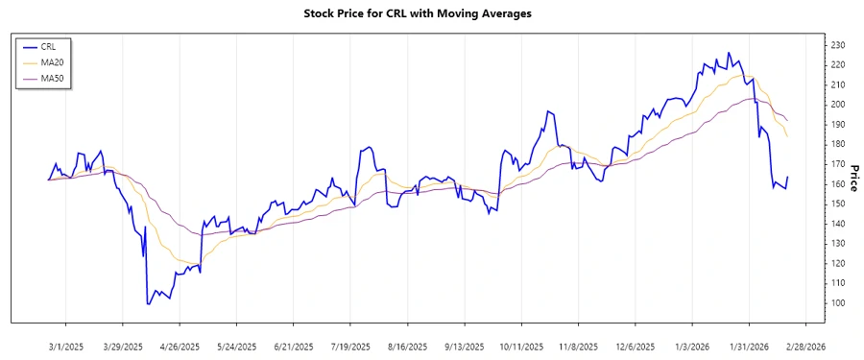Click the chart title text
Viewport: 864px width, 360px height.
point(431,13)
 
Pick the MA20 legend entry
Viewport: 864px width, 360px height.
point(49,61)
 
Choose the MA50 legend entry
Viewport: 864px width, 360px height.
point(49,78)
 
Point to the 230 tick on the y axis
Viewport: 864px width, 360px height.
point(837,45)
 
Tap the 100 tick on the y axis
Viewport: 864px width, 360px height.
point(837,303)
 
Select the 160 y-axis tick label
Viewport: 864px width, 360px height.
point(837,184)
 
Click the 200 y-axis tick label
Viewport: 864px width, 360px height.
point(837,105)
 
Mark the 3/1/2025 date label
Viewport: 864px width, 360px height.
point(65,347)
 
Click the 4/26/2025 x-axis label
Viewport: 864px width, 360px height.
point(179,347)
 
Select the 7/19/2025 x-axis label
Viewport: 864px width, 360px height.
point(349,347)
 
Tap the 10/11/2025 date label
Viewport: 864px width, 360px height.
point(520,347)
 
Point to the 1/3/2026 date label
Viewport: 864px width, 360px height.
point(691,347)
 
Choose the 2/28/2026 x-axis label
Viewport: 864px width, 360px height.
point(804,347)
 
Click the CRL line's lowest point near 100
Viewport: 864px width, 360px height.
point(148,304)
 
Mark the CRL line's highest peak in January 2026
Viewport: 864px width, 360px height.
point(728,53)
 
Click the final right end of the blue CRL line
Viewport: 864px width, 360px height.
point(787,177)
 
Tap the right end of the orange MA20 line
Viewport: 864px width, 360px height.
point(787,136)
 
